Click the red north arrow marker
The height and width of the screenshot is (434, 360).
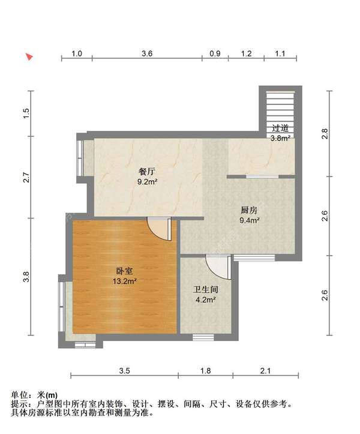pos(29,57)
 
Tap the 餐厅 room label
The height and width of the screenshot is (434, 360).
pos(147,172)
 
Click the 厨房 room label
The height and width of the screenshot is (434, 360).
pos(249,210)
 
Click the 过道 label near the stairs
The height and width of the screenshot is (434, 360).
pos(280,128)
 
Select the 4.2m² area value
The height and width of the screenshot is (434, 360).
pos(205,300)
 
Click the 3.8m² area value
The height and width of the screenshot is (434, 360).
pos(280,137)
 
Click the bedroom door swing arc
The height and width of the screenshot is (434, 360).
pos(158,229)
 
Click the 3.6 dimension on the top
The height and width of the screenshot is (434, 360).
pos(147,53)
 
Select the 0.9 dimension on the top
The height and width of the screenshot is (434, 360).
pos(215,53)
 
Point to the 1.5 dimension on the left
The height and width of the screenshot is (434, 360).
pos(25,113)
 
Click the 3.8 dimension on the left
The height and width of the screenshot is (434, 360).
pos(25,277)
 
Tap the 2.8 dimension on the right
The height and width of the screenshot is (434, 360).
pos(325,133)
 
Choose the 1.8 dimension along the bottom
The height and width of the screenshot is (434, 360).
pos(205,371)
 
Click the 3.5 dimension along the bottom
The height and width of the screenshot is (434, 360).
pos(124,371)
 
